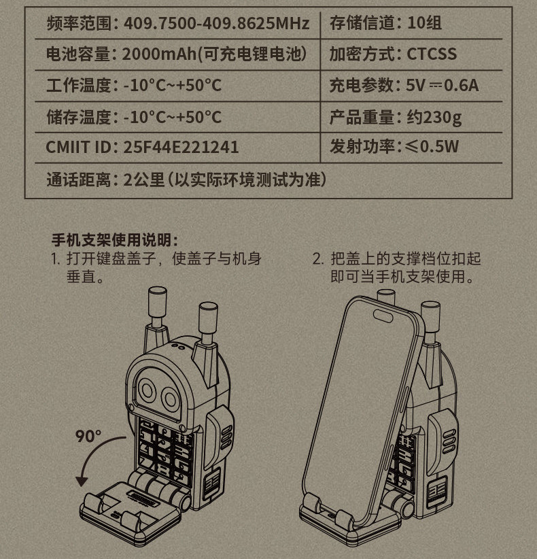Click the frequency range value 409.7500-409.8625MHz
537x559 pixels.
[x=216, y=24]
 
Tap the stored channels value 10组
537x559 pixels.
[x=424, y=23]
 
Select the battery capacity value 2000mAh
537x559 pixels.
[x=159, y=54]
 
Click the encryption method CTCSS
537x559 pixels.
[x=432, y=54]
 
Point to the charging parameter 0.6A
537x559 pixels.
[x=461, y=85]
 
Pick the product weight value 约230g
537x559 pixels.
[x=434, y=117]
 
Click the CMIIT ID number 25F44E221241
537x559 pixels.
[x=181, y=148]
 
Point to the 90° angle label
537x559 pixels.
[x=88, y=436]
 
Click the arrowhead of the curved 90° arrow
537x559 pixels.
[x=82, y=481]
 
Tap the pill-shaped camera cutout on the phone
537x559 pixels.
[x=383, y=316]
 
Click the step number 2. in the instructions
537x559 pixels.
[x=318, y=259]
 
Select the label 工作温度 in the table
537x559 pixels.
[x=78, y=86]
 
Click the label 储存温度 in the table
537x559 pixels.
[x=78, y=117]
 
